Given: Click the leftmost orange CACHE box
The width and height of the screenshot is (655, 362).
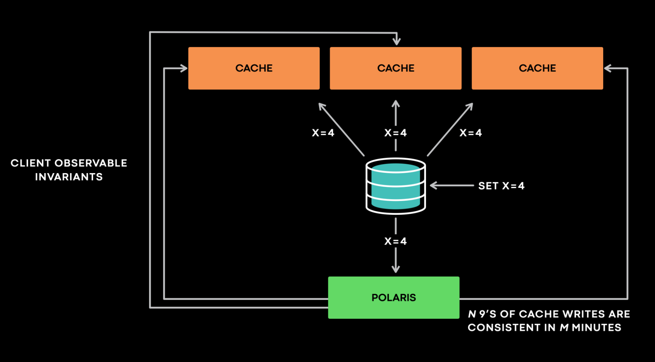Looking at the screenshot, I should tap(254, 68).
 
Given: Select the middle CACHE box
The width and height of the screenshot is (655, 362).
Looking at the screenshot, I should tap(395, 68).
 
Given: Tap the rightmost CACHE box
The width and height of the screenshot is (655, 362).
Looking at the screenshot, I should tap(537, 68).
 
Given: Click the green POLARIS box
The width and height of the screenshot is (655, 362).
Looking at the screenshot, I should tap(394, 297).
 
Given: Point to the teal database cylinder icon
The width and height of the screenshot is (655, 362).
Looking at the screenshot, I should tap(395, 186).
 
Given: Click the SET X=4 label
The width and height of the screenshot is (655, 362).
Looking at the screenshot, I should tap(501, 186).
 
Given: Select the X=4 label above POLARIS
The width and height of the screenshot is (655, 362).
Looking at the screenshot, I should tap(395, 241).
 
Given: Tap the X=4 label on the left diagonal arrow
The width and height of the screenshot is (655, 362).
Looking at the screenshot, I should tap(323, 133).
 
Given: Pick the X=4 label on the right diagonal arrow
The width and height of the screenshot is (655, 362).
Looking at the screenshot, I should tap(471, 133).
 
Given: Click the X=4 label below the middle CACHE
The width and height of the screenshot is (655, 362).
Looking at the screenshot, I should tap(395, 133).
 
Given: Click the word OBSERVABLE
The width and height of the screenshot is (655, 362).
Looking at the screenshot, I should tap(91, 163).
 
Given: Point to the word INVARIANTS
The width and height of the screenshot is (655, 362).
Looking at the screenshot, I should tap(69, 177).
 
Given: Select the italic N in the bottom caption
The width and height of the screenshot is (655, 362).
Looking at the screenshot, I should tap(472, 314).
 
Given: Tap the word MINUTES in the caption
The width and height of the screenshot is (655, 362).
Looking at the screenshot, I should tap(596, 328).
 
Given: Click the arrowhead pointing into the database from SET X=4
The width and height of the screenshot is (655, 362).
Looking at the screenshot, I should tap(433, 186).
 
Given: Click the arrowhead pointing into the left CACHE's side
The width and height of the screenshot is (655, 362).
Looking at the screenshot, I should tap(184, 68).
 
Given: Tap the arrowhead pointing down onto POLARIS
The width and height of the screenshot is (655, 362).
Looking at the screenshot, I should tap(395, 270).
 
